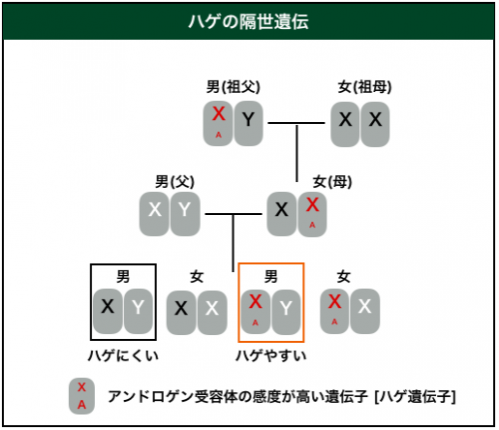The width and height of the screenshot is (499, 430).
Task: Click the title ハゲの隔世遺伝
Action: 249,22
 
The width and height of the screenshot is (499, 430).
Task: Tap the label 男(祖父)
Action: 234,87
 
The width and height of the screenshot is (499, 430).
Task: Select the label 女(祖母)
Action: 364,87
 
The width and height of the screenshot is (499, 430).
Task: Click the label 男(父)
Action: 175,182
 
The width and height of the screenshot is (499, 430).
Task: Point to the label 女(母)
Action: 332,182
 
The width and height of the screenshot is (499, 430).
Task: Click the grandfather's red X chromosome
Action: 219,124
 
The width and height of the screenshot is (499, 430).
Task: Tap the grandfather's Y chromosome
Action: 249,124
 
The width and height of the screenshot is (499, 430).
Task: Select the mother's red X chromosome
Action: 312,214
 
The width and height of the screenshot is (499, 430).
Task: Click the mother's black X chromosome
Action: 281,214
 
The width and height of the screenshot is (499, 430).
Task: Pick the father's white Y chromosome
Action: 185,214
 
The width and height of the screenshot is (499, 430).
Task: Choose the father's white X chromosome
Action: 155,214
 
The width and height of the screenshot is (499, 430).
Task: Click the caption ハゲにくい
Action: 123,356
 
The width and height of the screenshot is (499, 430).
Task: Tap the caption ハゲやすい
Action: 270,356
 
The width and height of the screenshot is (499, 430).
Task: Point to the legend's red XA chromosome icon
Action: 82,396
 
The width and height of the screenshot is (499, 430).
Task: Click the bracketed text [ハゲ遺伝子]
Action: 415,397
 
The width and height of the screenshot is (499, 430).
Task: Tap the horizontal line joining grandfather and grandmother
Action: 296,123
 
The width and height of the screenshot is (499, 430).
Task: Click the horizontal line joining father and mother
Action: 234,214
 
